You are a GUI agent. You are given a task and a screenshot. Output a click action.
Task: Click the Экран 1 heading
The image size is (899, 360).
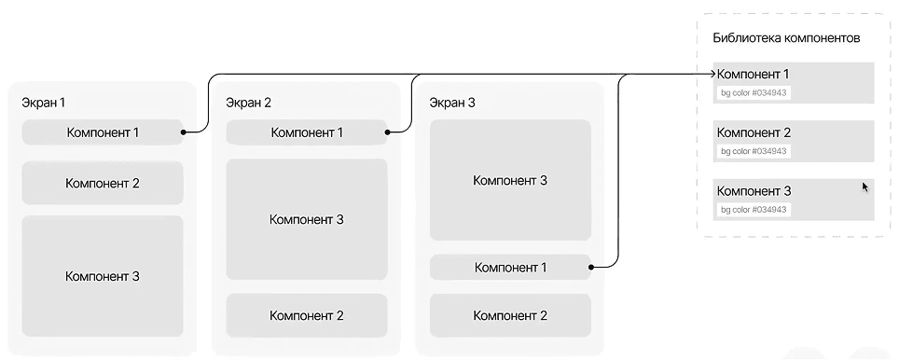click(44, 103)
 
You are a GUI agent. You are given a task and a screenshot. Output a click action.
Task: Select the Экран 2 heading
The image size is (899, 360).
click(248, 103)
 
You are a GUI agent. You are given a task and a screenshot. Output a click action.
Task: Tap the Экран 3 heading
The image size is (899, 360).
click(452, 103)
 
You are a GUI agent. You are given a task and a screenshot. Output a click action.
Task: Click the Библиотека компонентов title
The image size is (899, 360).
click(785, 38)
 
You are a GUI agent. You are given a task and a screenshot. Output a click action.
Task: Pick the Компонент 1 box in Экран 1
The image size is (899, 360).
click(103, 132)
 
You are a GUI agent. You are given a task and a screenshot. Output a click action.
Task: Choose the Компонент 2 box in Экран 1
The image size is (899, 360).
click(103, 183)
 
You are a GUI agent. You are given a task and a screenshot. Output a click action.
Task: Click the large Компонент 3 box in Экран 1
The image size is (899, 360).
click(103, 276)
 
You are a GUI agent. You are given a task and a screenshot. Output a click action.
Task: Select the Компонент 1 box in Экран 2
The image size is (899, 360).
click(307, 132)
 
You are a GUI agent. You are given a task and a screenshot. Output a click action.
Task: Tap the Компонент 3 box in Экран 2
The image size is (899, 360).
click(307, 219)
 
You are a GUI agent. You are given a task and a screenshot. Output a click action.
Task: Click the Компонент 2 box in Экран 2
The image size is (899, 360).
click(307, 316)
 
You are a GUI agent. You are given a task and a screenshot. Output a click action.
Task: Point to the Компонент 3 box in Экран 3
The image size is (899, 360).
click(510, 180)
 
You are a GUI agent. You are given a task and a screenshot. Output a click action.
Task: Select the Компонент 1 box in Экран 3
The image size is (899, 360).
click(510, 268)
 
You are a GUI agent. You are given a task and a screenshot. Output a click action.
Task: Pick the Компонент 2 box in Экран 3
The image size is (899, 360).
click(510, 316)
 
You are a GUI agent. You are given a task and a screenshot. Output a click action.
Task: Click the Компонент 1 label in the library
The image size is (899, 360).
click(754, 74)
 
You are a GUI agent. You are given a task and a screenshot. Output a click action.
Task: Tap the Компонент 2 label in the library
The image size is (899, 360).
click(754, 132)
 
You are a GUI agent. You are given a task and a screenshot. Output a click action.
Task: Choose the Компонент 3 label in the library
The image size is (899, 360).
click(754, 191)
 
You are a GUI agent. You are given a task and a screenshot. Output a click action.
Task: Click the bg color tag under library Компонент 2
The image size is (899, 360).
click(754, 151)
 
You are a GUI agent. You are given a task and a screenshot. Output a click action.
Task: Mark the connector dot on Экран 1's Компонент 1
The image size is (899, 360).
click(184, 132)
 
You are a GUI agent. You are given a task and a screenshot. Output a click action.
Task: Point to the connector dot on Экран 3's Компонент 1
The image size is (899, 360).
click(591, 268)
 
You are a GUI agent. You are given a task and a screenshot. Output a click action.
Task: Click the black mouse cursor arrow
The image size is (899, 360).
click(864, 187)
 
